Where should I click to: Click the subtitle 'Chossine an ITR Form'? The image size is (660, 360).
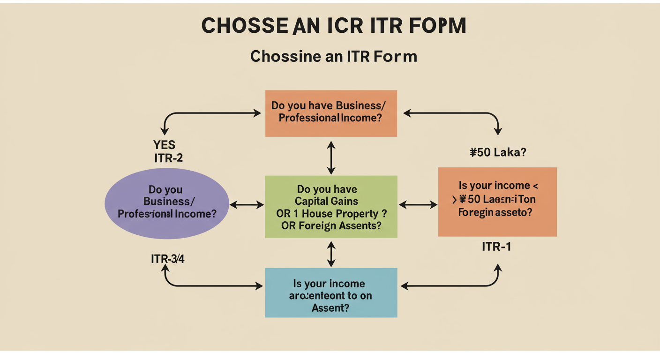pyautogui.click(x=333, y=56)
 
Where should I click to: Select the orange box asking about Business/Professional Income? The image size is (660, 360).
pyautogui.click(x=331, y=113)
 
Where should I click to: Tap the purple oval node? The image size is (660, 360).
pyautogui.click(x=166, y=203)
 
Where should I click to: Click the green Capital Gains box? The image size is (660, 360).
pyautogui.click(x=331, y=207)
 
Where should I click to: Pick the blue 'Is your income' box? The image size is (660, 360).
pyautogui.click(x=331, y=292)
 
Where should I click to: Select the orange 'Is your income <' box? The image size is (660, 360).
pyautogui.click(x=497, y=202)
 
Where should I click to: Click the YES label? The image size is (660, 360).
pyautogui.click(x=164, y=145)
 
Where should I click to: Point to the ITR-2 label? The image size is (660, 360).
pyautogui.click(x=168, y=158)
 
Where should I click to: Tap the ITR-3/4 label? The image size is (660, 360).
pyautogui.click(x=167, y=259)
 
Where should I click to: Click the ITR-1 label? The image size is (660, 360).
pyautogui.click(x=496, y=247)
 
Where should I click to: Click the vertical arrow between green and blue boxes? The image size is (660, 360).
pyautogui.click(x=331, y=254)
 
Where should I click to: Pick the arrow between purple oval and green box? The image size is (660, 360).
pyautogui.click(x=247, y=204)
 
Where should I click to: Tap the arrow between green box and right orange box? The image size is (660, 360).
pyautogui.click(x=418, y=204)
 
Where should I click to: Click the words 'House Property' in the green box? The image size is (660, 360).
pyautogui.click(x=347, y=214)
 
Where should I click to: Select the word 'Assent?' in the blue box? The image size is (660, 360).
pyautogui.click(x=330, y=308)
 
